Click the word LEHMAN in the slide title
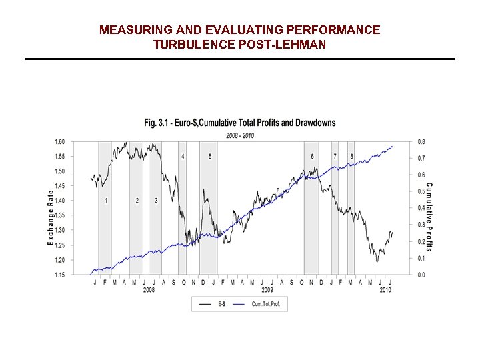tap(303, 45)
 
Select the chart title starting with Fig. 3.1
tap(240, 123)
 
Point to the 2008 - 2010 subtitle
tap(240, 135)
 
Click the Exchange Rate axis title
tap(51, 217)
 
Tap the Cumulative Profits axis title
tap(429, 217)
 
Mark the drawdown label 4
tap(183, 156)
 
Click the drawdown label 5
tap(210, 156)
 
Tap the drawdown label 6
tap(312, 156)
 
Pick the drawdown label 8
tap(351, 156)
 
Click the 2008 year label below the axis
tap(149, 290)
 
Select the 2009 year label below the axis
tap(267, 290)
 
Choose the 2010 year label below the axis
tap(385, 290)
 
